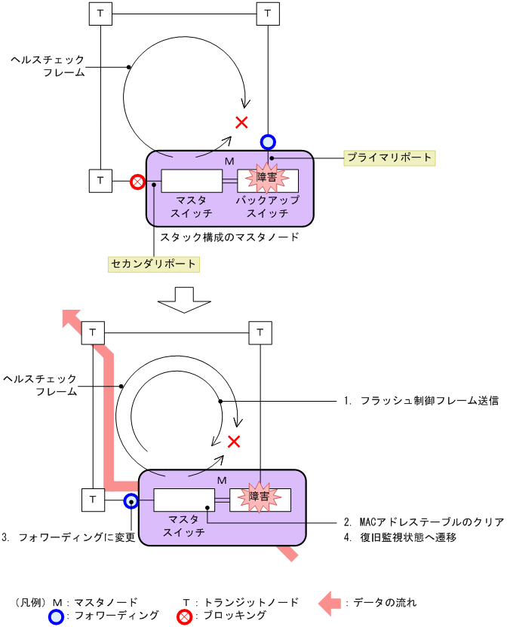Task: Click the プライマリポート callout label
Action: (389, 158)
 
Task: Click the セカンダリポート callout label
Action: (154, 264)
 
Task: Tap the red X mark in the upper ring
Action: (241, 122)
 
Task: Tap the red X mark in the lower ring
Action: (234, 441)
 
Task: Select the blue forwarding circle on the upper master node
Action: (268, 141)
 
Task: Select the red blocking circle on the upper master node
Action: (137, 182)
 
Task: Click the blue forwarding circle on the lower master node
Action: (131, 500)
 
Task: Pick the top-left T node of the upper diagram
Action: (100, 13)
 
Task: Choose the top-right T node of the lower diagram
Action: (260, 332)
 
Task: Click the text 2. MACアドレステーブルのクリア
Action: (423, 521)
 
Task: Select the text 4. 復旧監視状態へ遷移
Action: (400, 537)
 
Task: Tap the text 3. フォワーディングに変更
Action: (68, 537)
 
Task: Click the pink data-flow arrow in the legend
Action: (329, 602)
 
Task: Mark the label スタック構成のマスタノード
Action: (229, 237)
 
